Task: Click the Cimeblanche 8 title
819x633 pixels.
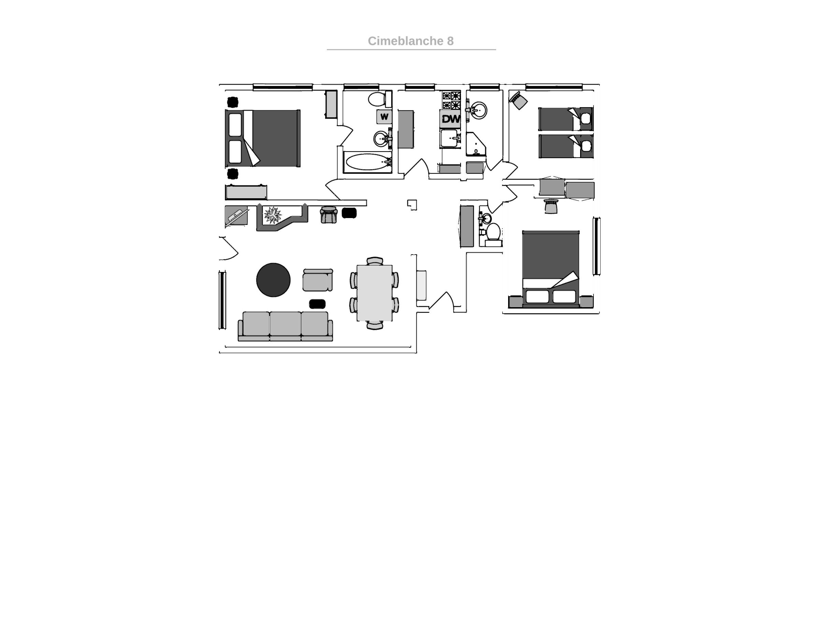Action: (x=411, y=41)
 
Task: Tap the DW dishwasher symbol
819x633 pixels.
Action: (x=450, y=119)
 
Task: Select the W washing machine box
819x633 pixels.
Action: (x=384, y=117)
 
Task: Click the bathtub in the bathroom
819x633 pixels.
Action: (x=368, y=162)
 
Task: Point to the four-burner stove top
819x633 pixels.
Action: (x=451, y=100)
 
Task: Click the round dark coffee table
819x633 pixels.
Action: (x=273, y=280)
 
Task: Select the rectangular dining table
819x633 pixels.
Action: (x=375, y=293)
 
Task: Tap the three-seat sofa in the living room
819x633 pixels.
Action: (x=285, y=326)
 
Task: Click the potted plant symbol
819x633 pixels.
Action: (x=273, y=215)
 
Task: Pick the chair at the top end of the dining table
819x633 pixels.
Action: (x=375, y=261)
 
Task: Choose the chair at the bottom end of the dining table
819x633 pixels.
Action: (x=375, y=325)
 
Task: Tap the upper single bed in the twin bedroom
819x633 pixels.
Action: (x=566, y=119)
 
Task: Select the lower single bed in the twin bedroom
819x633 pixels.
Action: (x=566, y=146)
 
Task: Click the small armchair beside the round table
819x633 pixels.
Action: (x=318, y=280)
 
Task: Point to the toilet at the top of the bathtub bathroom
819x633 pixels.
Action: (x=379, y=99)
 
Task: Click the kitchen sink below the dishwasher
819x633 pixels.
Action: (x=450, y=139)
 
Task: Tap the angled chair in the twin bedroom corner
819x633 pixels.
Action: (x=518, y=100)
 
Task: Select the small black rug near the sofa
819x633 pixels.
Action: (x=317, y=304)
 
